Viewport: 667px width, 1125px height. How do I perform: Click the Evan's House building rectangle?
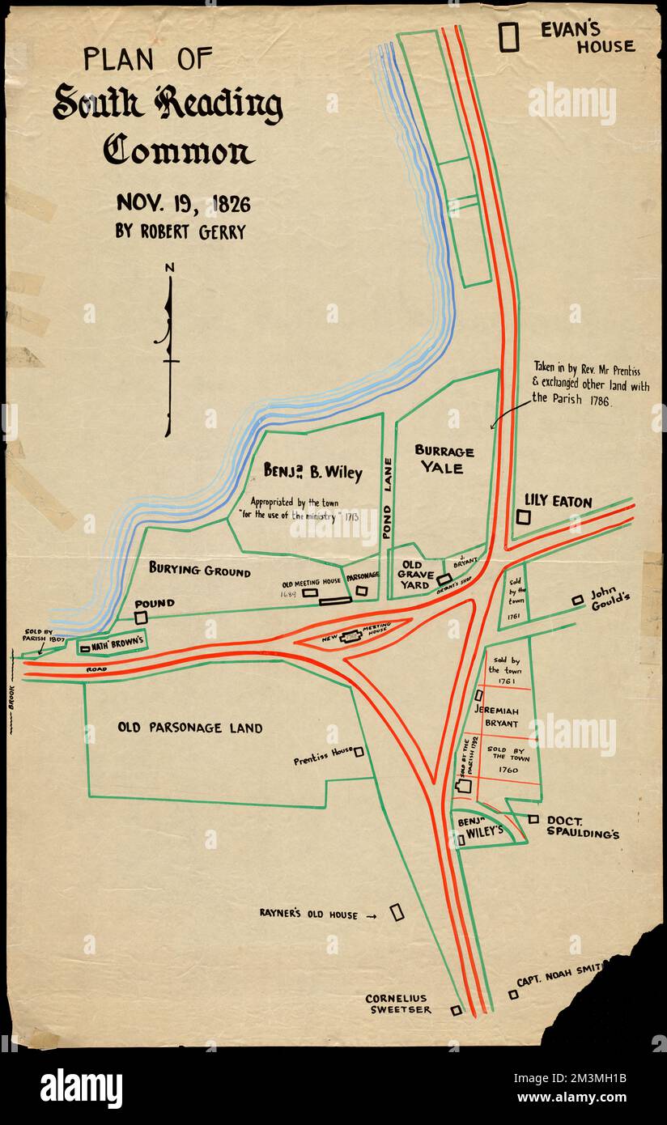point(508,37)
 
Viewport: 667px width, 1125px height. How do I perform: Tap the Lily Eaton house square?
point(524,516)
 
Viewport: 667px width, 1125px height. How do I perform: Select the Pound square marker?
point(141,618)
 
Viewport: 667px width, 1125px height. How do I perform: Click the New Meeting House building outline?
point(350,637)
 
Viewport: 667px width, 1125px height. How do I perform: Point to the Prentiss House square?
point(359,752)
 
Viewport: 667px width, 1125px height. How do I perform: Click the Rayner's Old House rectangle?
point(397,912)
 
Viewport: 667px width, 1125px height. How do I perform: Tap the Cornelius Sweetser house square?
point(456,1010)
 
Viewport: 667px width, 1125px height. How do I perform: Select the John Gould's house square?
point(577,600)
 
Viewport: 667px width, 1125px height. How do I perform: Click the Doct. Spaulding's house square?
point(533,819)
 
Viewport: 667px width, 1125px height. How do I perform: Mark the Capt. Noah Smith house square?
point(513,994)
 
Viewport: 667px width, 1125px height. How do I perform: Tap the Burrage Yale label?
point(444,459)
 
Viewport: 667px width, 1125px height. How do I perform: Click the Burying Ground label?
point(199,571)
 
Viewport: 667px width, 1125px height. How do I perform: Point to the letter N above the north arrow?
point(169,268)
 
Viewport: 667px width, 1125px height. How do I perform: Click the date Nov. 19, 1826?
point(183,202)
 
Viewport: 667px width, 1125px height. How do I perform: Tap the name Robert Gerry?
point(181,232)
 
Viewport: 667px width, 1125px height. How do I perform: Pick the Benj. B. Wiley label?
point(312,471)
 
